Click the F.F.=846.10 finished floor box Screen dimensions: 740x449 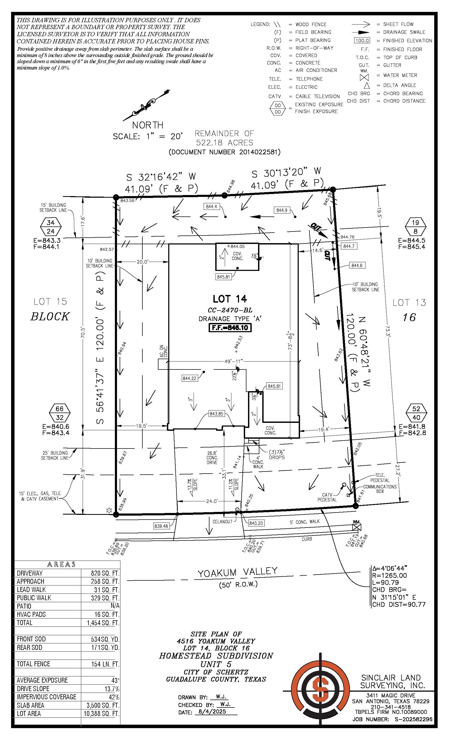230,327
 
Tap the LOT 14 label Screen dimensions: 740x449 230,299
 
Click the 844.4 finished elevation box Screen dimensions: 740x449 211,207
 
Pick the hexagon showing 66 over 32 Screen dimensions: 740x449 59,413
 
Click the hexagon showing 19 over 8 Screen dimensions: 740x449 415,227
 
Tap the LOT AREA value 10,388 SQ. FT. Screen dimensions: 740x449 101,714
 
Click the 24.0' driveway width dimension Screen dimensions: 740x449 212,501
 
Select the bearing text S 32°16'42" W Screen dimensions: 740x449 161,177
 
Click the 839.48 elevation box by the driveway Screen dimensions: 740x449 161,526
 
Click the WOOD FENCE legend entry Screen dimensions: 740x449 311,24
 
